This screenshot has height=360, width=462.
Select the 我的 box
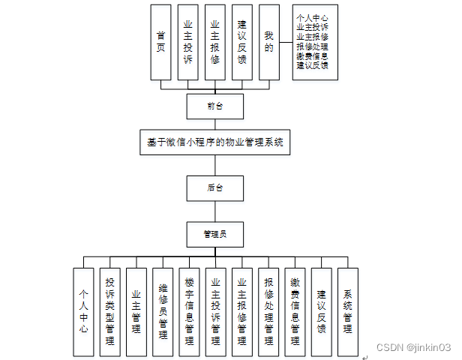(268, 42)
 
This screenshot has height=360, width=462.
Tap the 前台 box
(214, 106)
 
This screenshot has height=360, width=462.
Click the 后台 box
(214, 187)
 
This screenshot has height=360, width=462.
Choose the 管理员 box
(214, 235)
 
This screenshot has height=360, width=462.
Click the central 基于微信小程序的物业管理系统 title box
(214, 141)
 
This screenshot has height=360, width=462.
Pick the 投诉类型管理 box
(110, 312)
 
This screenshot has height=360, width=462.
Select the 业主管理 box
(136, 312)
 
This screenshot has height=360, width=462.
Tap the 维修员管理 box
(163, 312)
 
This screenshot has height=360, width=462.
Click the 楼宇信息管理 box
(189, 312)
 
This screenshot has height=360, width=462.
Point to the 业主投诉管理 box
(215, 312)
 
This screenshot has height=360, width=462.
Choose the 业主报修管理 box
(241, 312)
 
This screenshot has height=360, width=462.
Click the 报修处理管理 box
(268, 312)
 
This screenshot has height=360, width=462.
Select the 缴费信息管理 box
(295, 312)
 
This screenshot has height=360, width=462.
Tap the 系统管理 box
(347, 312)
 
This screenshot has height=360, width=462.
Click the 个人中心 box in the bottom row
(84, 312)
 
